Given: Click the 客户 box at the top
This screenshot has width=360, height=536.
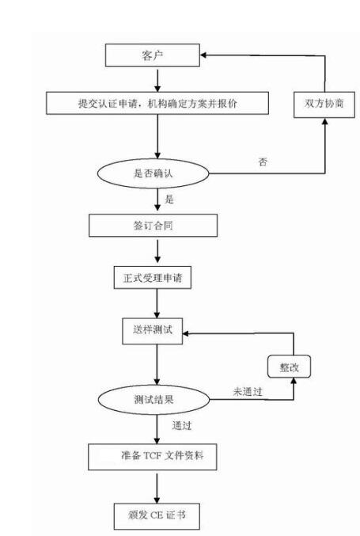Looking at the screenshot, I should pos(151,55).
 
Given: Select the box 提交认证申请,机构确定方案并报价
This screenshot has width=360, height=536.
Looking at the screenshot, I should pos(158,104).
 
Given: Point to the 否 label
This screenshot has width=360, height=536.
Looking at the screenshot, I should pos(263,162).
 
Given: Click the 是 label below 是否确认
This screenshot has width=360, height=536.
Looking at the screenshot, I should pos(169,199).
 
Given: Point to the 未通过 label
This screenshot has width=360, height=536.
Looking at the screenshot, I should pos(248,391).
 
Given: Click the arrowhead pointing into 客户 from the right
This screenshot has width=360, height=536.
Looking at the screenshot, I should pos(203,55).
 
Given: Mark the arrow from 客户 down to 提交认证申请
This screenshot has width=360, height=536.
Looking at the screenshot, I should pos(157,79).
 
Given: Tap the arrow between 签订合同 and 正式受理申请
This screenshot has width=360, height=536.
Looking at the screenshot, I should pos(157,252).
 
